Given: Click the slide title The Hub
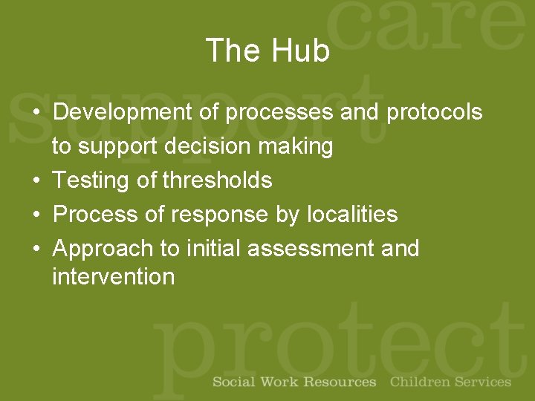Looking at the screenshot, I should (x=267, y=51).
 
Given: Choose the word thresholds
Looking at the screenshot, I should (x=218, y=180).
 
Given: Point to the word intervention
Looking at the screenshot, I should (x=113, y=277).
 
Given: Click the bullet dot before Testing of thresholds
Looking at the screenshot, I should (x=36, y=181).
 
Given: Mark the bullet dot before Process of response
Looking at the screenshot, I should (x=36, y=215).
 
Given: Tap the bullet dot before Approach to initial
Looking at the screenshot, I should (x=36, y=249).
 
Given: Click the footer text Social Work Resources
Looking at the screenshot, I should (x=294, y=382).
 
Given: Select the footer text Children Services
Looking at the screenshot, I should (x=450, y=382).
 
